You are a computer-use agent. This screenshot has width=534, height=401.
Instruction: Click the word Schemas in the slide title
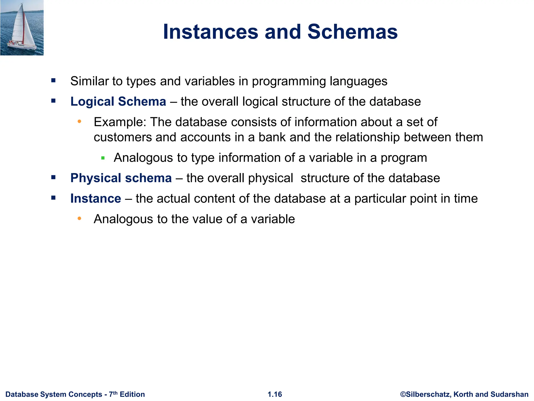(x=352, y=32)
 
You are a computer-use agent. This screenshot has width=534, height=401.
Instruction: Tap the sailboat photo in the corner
(x=22, y=28)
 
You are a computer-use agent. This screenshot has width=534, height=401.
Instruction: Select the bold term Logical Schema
(x=118, y=102)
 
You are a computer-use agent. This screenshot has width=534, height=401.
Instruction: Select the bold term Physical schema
(x=121, y=178)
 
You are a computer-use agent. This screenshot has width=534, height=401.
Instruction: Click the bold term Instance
(x=96, y=199)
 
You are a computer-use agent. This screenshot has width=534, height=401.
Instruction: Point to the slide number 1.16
(x=275, y=394)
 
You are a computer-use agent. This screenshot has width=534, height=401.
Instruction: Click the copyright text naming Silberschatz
(x=464, y=394)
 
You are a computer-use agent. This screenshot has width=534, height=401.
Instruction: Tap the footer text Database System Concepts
(x=54, y=394)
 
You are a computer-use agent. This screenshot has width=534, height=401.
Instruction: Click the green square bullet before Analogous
(x=103, y=158)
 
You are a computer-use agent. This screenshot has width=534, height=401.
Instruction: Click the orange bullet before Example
(x=80, y=121)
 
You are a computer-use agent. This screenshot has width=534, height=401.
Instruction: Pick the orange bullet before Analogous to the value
(x=80, y=218)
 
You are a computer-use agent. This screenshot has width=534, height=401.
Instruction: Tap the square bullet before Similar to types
(x=53, y=80)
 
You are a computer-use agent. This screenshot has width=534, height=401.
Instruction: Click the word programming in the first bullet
(x=289, y=81)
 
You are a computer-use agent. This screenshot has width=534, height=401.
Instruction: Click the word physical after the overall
(x=270, y=179)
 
